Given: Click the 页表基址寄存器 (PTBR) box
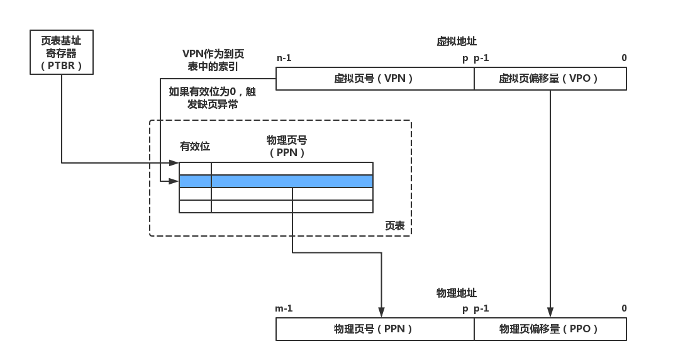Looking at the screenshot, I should tap(62, 52).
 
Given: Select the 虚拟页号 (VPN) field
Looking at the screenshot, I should tap(375, 79).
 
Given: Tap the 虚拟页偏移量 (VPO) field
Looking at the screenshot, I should tap(550, 79).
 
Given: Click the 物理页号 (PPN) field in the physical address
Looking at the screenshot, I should tap(375, 329).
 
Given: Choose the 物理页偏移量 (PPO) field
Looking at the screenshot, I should tap(550, 329).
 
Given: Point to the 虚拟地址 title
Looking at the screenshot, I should tap(457, 42).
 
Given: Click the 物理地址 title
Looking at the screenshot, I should tap(457, 293).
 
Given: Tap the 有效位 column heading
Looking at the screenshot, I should tap(195, 147).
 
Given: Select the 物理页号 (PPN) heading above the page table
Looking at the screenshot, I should tap(287, 146).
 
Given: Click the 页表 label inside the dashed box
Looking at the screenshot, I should tap(395, 226).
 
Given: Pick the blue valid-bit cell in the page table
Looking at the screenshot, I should tap(195, 181).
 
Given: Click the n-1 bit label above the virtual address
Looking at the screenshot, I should tap(284, 59).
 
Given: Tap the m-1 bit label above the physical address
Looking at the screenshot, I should tap(284, 309).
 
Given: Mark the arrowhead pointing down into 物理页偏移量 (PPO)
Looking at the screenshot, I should tap(550, 313).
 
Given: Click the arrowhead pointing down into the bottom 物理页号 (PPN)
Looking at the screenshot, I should tap(381, 313).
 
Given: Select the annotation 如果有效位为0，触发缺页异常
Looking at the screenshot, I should tap(213, 98).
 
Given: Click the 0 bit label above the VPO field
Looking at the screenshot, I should tap(624, 59).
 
